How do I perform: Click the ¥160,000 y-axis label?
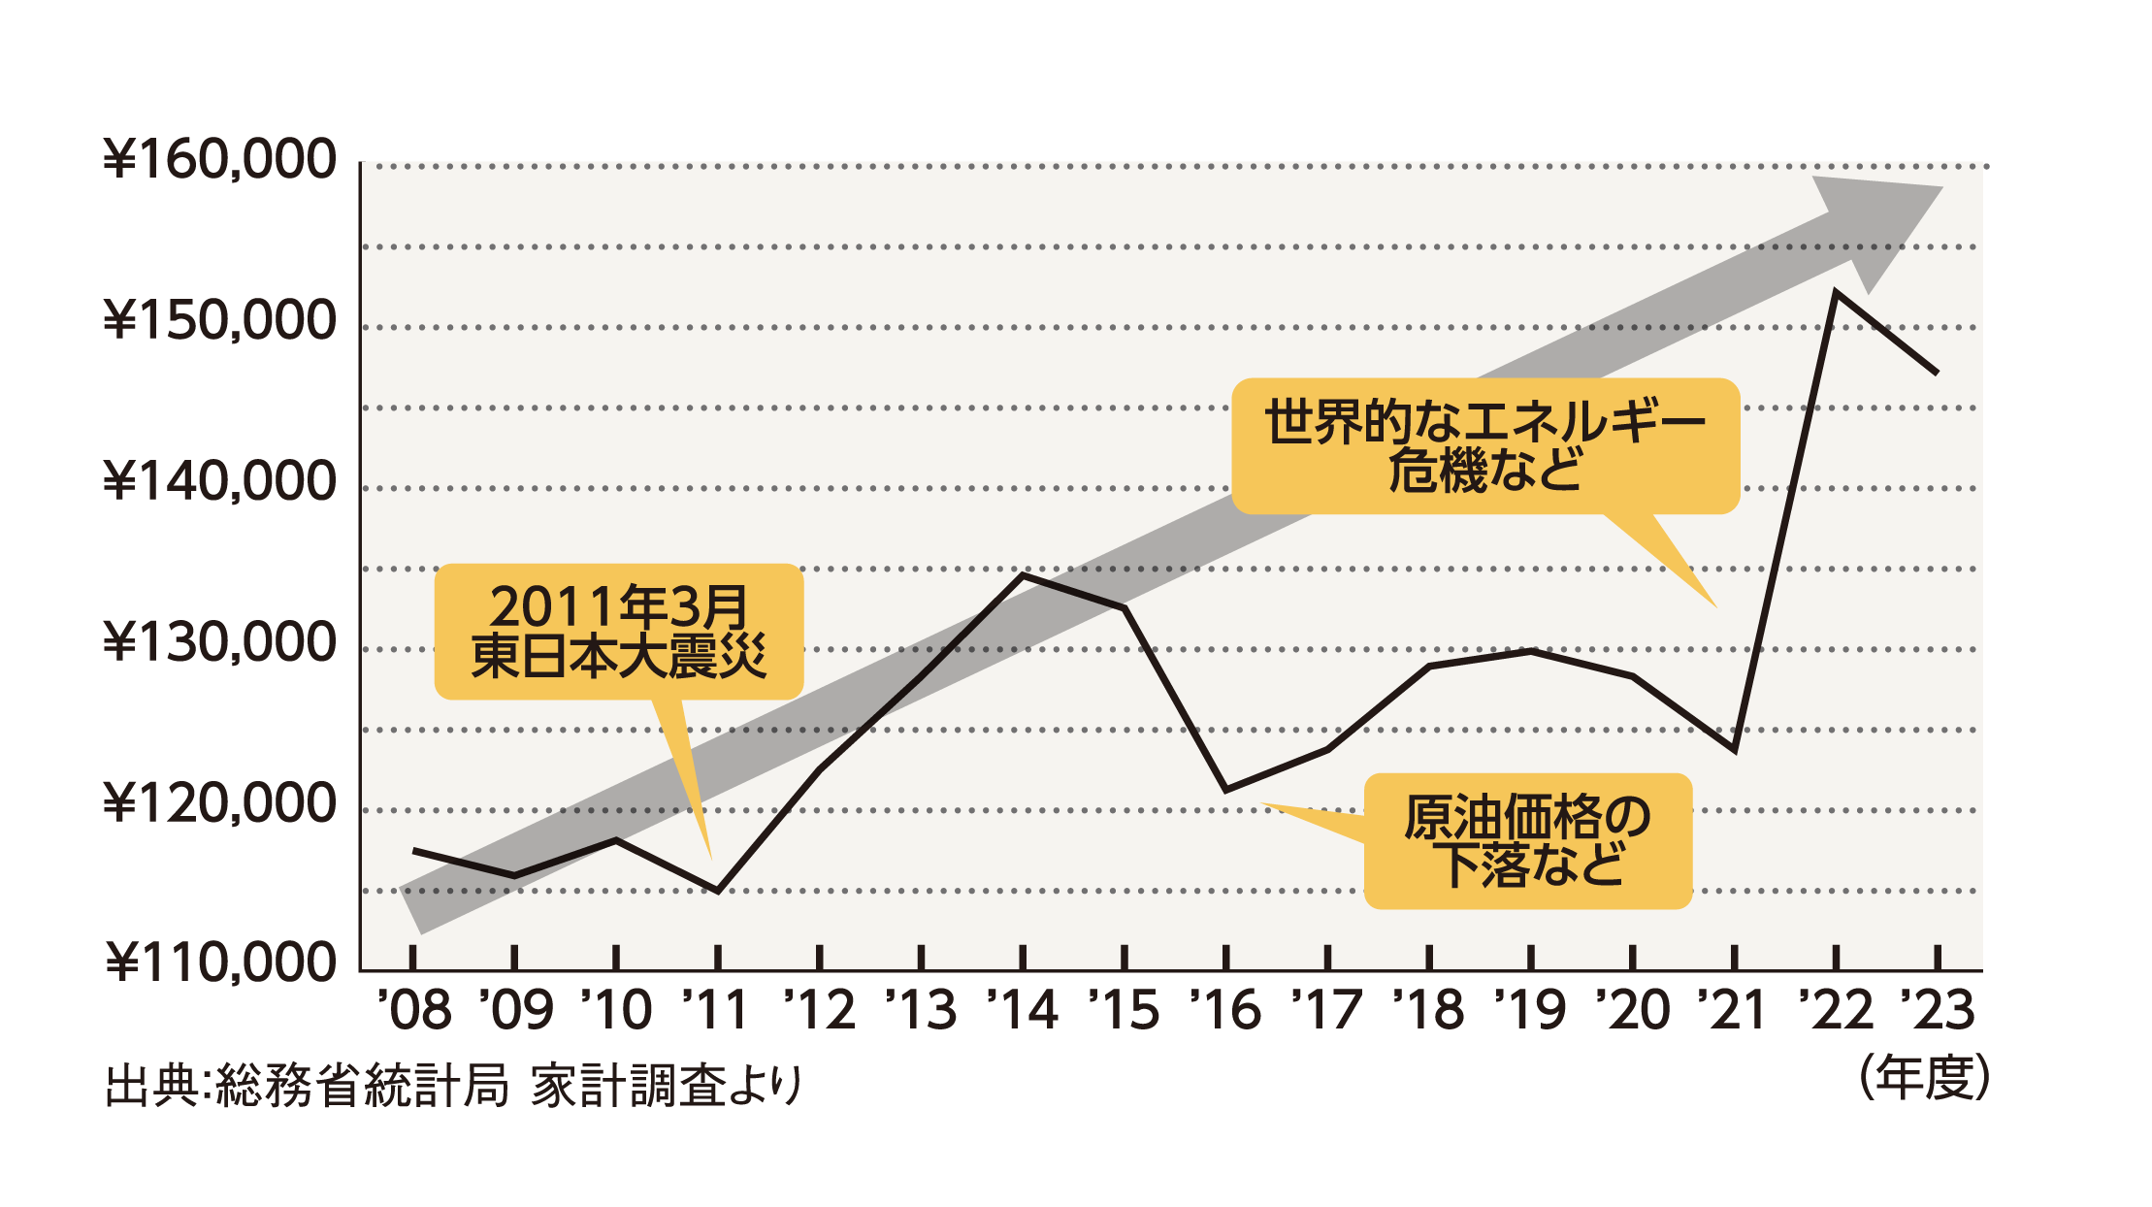[x=220, y=160]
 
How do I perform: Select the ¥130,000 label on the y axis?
[x=220, y=642]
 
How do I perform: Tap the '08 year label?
[x=414, y=1010]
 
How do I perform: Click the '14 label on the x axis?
[x=1024, y=1010]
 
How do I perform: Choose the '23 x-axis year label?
[x=1937, y=1010]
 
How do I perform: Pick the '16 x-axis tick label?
[x=1226, y=1010]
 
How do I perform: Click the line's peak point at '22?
[x=1836, y=292]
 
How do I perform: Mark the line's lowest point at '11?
[x=718, y=891]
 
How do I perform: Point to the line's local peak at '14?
[x=1024, y=575]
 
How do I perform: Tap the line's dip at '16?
[x=1226, y=790]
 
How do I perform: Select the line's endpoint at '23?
[x=1937, y=373]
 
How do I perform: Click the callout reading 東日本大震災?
[x=619, y=632]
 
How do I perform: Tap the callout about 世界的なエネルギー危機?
[x=1484, y=446]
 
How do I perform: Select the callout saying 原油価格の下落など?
[x=1528, y=841]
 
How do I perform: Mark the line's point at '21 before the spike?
[x=1734, y=750]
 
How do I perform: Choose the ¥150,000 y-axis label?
[x=220, y=321]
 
